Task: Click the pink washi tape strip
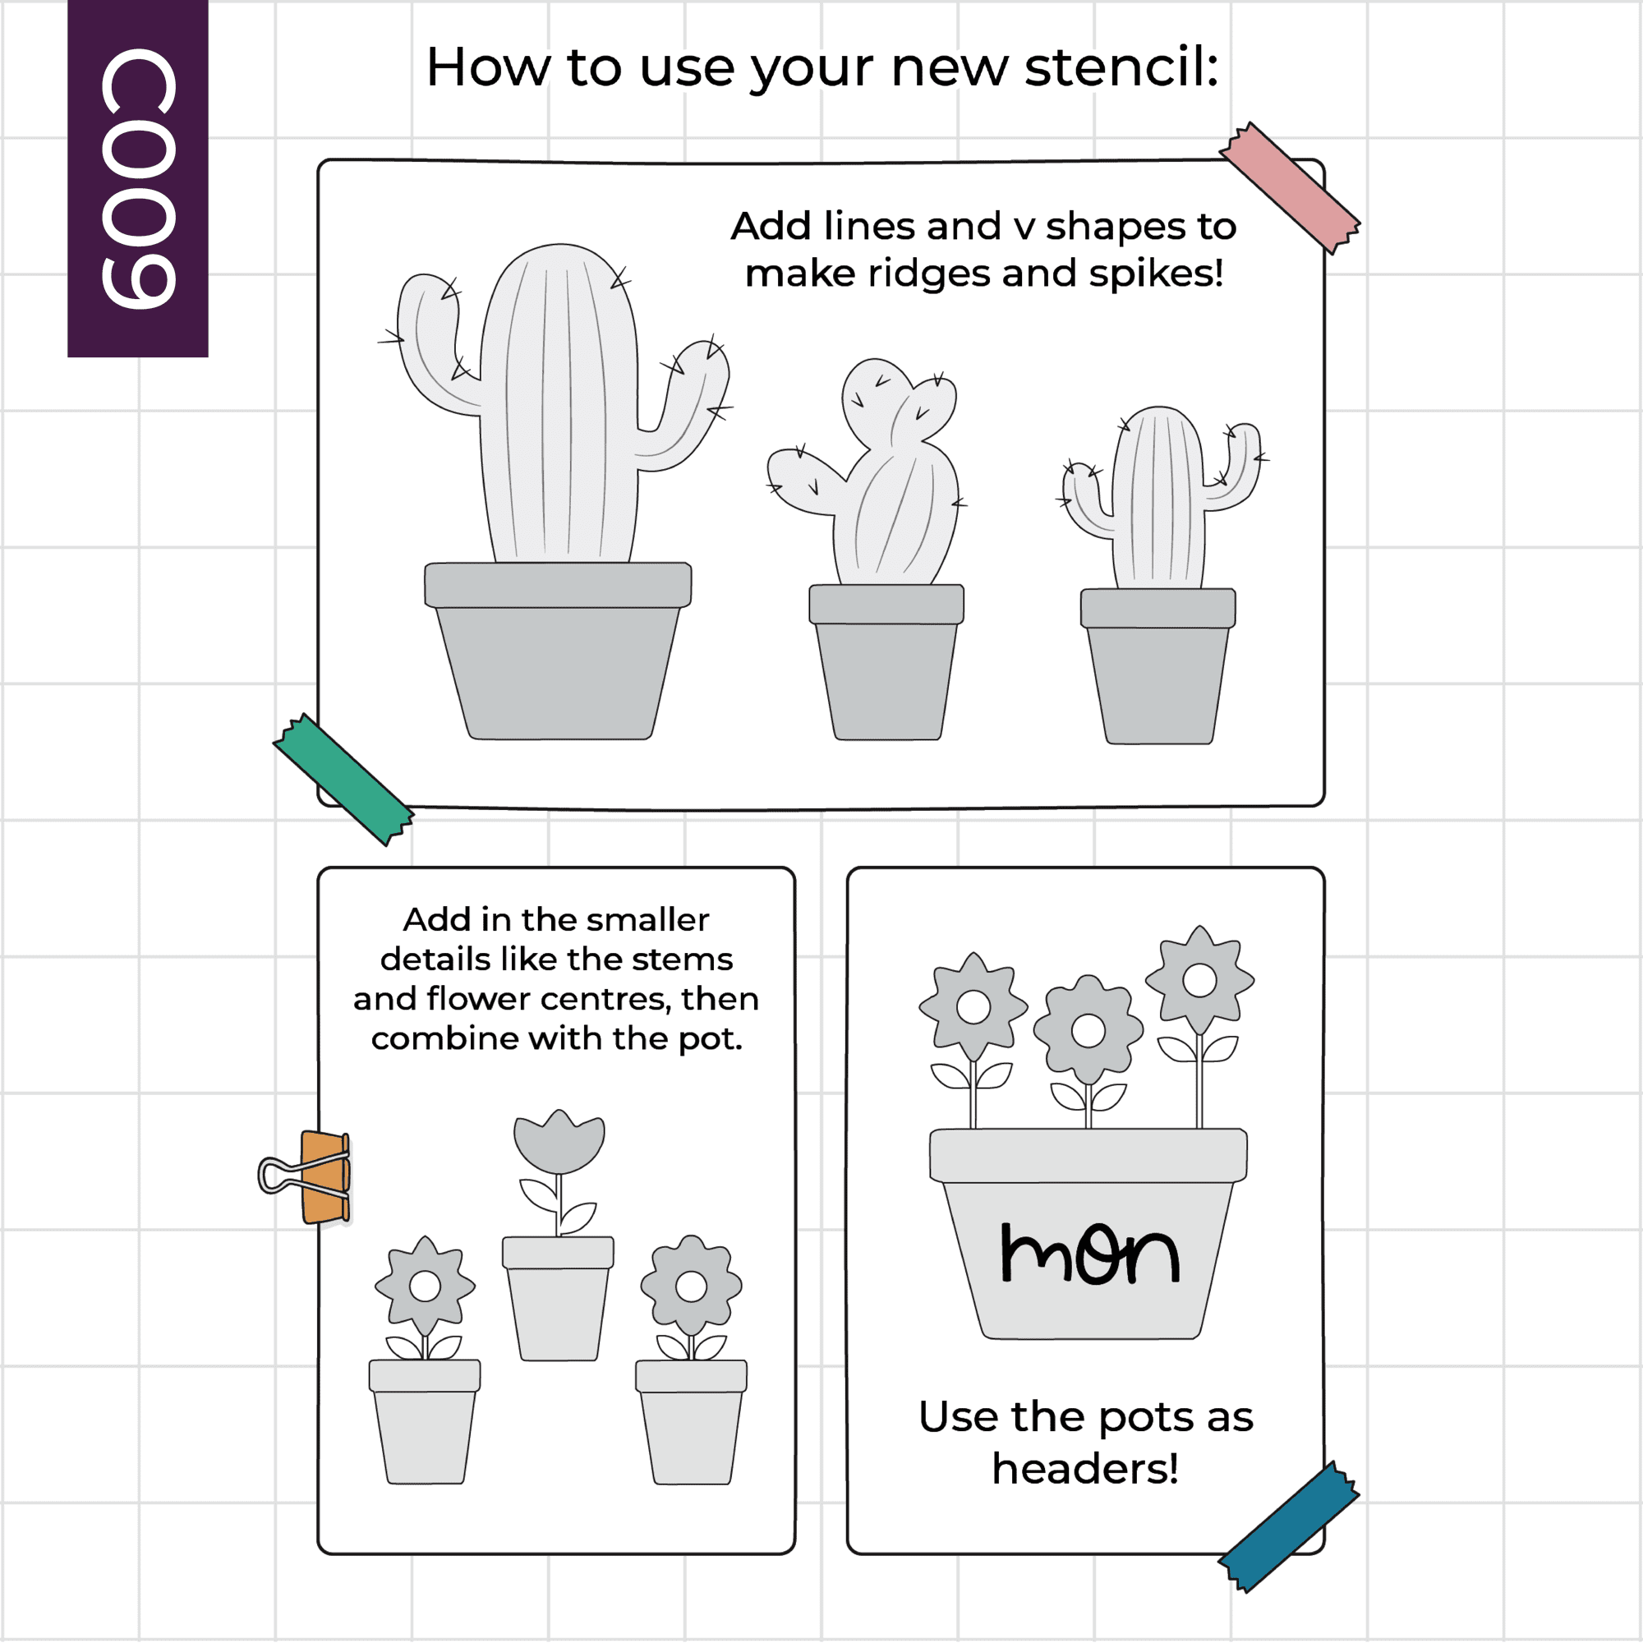1289,188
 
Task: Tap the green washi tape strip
343,779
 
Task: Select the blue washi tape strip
1289,1526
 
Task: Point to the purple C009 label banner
138,178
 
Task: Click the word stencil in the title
1121,67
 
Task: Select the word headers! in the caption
1086,1469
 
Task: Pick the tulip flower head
559,1141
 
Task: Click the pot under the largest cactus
558,651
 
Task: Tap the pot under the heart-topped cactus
886,662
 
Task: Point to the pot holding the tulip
558,1299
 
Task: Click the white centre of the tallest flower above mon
1200,980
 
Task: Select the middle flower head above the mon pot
1088,1031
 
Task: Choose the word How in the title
488,67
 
